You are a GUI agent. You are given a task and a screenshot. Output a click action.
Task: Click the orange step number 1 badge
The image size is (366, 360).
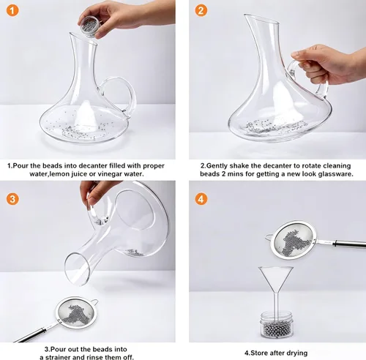coord(12,11)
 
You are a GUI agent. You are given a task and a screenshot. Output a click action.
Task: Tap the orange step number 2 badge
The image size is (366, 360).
coord(201,11)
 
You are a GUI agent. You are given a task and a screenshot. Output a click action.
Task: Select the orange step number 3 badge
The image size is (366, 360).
coord(12,199)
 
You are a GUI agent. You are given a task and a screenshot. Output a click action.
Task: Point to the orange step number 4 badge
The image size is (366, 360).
coord(201,199)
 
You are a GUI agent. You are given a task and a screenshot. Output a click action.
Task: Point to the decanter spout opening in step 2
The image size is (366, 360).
coord(261,19)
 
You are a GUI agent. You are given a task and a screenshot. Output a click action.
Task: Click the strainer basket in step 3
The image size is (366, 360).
coord(76,313)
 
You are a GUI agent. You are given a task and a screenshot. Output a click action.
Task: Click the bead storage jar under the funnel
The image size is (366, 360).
coord(276,325)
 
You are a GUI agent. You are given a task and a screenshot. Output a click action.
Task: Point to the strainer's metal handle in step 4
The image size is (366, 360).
coord(342,243)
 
